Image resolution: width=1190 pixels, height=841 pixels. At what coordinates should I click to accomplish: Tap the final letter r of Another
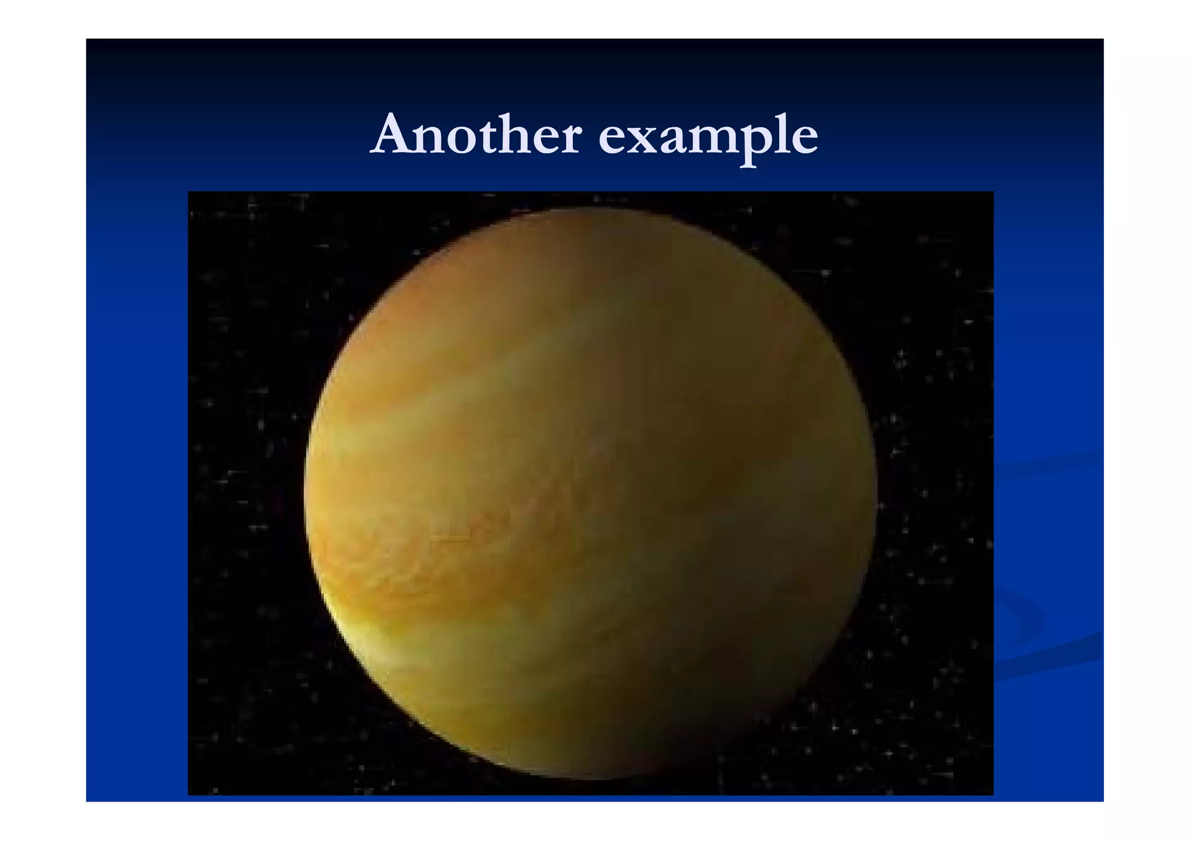pyautogui.click(x=569, y=140)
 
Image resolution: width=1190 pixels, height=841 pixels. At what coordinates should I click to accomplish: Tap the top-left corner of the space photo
pyautogui.click(x=189, y=192)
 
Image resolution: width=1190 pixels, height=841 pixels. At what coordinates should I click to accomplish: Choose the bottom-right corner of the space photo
pyautogui.click(x=992, y=794)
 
